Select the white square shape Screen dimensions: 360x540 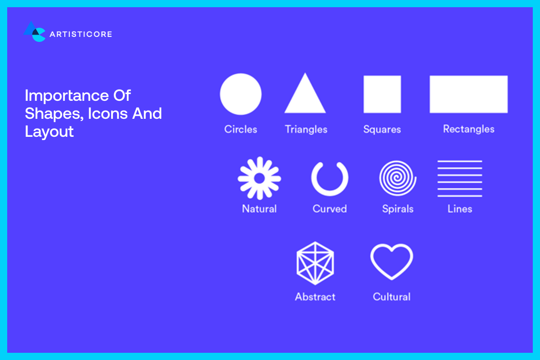[x=382, y=94]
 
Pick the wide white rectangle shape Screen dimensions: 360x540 [x=468, y=94]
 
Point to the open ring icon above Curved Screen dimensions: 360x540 [x=330, y=178]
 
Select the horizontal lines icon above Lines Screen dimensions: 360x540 [x=459, y=178]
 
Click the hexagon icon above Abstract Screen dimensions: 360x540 [x=315, y=263]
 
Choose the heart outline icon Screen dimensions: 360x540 [x=391, y=262]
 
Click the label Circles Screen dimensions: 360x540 [x=241, y=130]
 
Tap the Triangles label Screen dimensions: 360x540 [x=306, y=130]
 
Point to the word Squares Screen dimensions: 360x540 [x=382, y=130]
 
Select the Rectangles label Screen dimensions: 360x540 [x=468, y=129]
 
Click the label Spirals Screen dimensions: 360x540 [x=398, y=209]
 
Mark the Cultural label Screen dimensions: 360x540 [x=391, y=297]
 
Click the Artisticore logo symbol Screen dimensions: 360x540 [x=35, y=32]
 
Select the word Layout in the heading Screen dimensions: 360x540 [x=49, y=132]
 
